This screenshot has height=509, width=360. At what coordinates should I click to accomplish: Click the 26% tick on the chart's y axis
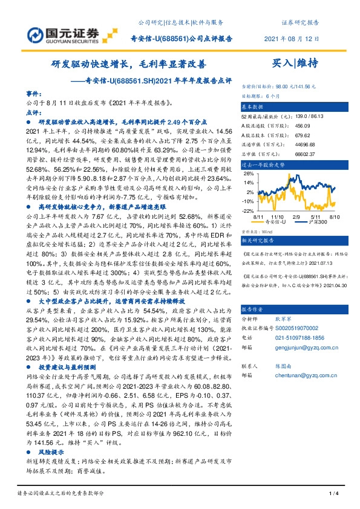248,173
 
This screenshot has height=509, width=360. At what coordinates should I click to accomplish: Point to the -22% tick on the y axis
247,210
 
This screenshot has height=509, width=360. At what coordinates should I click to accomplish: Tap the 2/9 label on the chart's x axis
296,215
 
